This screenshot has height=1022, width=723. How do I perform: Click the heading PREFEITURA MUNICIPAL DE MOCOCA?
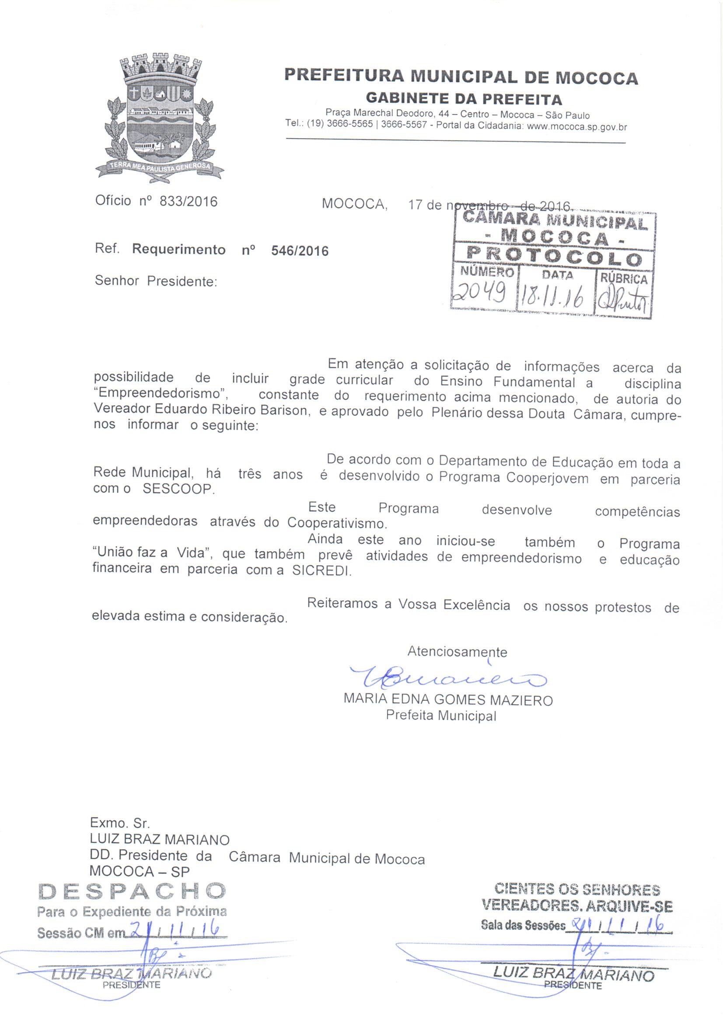[x=461, y=77]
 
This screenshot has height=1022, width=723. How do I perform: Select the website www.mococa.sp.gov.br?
[x=577, y=126]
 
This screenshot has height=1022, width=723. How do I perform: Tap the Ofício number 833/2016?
[x=189, y=202]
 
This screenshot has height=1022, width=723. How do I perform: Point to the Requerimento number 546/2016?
[x=300, y=251]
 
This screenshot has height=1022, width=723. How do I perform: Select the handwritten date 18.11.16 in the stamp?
[x=555, y=297]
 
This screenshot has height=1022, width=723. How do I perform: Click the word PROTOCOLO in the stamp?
[x=554, y=257]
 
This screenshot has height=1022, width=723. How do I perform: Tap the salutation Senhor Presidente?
[x=155, y=282]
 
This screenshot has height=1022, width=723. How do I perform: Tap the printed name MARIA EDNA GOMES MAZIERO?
[x=448, y=700]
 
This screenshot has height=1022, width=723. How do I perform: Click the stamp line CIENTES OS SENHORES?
[x=577, y=890]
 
